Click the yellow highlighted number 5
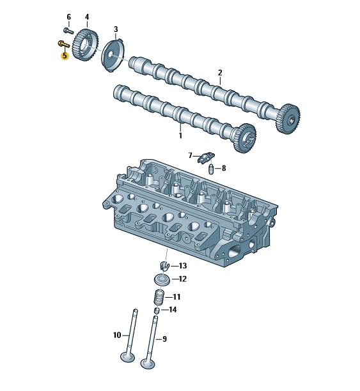[x=65, y=56]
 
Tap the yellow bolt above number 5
[x=64, y=44]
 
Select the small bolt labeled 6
[x=68, y=31]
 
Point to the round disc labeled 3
[x=113, y=56]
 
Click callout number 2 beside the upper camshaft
[x=220, y=73]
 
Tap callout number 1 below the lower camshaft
[x=180, y=135]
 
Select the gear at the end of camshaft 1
[x=245, y=138]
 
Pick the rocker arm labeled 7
[x=206, y=158]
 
